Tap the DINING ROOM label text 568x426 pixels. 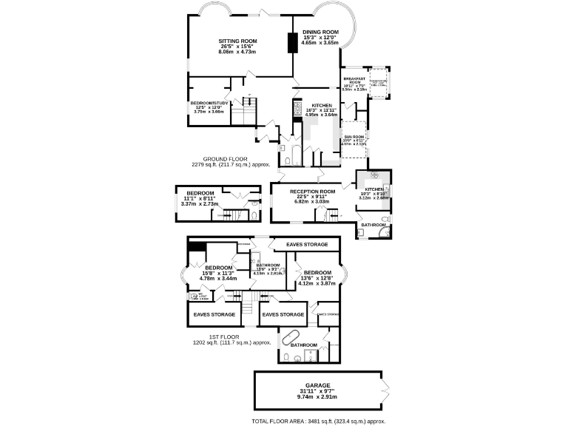point(320,32)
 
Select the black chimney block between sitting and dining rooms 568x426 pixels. point(293,44)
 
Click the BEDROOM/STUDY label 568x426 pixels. point(207,103)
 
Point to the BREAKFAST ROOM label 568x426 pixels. point(354,81)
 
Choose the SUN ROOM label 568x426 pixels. point(354,137)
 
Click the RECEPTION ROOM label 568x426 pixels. point(312,192)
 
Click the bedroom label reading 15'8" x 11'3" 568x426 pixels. point(218,268)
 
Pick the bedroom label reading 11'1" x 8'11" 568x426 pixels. point(200,192)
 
